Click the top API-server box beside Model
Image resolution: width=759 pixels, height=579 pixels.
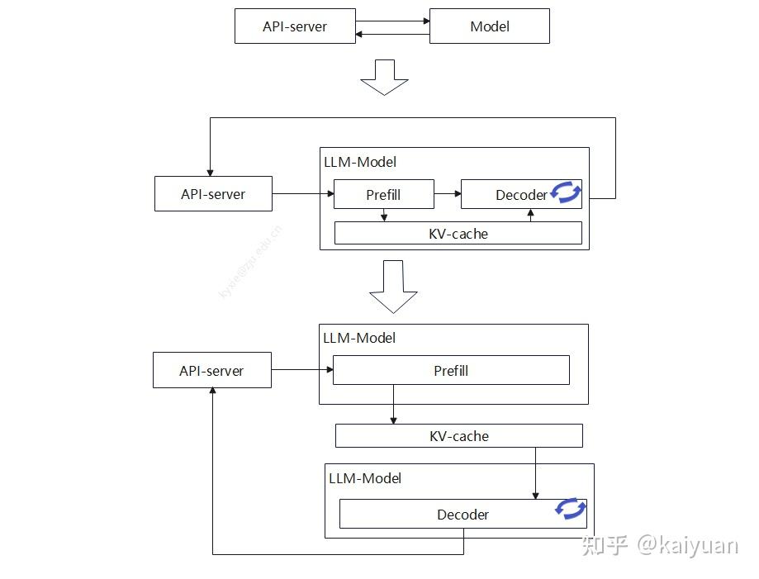click(295, 26)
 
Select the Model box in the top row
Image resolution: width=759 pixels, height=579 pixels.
click(489, 26)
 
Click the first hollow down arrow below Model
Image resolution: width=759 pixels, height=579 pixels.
click(385, 77)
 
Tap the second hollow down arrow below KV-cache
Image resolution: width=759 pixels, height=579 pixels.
click(393, 287)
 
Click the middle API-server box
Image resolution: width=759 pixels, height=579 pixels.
click(213, 194)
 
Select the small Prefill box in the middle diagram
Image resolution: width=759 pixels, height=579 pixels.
click(383, 195)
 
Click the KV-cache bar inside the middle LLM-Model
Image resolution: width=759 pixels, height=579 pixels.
click(458, 234)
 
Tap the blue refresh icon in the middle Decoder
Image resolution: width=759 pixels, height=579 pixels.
click(567, 192)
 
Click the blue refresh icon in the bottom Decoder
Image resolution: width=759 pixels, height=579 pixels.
click(571, 509)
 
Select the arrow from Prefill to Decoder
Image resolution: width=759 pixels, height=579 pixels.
click(447, 194)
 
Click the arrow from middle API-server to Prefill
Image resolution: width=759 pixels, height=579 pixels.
click(302, 194)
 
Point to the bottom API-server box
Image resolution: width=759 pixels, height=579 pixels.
click(211, 371)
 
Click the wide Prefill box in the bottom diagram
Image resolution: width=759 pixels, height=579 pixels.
click(451, 371)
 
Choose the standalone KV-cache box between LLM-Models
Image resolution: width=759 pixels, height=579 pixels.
click(458, 436)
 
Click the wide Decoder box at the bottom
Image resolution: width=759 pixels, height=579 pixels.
click(463, 515)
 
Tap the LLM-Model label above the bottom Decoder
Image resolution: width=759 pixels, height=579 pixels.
click(365, 478)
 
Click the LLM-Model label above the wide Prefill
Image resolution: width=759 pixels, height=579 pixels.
click(359, 338)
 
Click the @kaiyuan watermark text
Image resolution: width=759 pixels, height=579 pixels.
click(686, 545)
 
